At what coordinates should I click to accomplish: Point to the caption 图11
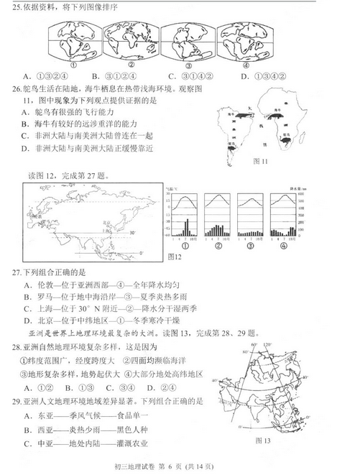(261, 162)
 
